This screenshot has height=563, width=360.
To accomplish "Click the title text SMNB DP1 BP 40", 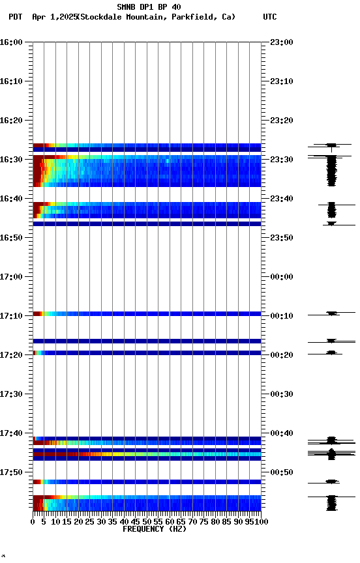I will [x=149, y=7].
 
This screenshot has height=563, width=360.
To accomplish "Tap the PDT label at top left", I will [x=16, y=17].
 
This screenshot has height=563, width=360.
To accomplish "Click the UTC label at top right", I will [x=270, y=17].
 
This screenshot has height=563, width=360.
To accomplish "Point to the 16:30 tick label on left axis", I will [x=12, y=160].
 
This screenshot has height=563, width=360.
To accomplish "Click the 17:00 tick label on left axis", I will [x=12, y=277].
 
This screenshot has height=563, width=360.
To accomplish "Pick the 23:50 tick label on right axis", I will [x=281, y=238].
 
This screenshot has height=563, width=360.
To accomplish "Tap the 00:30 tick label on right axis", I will [x=281, y=394].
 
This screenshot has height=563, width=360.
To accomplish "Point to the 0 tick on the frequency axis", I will [x=33, y=522].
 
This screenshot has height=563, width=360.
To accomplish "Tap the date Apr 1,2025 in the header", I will [x=53, y=17].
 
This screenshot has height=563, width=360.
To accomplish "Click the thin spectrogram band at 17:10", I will [x=147, y=314].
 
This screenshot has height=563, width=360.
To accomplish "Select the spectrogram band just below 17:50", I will [x=147, y=482].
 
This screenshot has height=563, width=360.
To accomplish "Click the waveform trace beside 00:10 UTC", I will [x=332, y=314].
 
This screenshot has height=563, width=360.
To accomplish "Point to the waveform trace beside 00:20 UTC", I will [x=332, y=353].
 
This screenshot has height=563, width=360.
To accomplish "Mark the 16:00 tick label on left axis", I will [x=12, y=42].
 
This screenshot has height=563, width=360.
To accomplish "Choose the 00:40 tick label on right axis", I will [x=281, y=433].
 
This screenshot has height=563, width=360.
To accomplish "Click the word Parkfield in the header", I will [x=194, y=17].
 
